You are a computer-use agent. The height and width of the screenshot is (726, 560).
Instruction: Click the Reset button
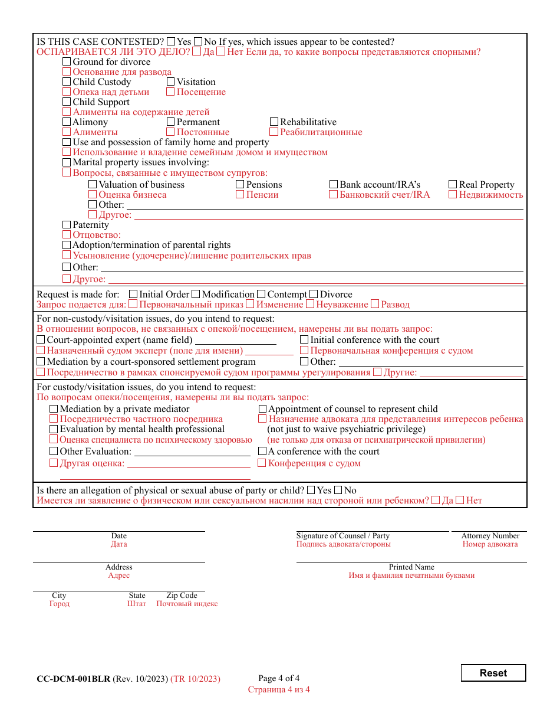pos(493,673)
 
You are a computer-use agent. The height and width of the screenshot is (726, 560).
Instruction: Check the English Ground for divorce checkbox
pos(67,62)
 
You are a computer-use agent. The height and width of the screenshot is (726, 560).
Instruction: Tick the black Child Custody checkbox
pos(67,82)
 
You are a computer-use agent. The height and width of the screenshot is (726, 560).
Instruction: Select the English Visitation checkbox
pos(171,82)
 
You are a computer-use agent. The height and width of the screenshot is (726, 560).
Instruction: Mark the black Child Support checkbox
pos(67,102)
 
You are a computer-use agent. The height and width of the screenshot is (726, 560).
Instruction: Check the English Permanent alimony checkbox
pos(171,122)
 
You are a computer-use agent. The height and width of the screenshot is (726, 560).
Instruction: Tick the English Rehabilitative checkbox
pos(274,122)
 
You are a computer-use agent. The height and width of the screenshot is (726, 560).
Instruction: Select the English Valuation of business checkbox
pos(93,185)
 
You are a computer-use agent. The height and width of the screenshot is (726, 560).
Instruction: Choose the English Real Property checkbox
pos(453,185)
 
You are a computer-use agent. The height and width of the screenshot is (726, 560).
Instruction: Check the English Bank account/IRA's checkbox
pos(334,185)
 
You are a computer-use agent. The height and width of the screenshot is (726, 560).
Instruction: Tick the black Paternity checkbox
pos(67,225)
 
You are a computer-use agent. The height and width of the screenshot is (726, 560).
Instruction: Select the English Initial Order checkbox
pos(133,295)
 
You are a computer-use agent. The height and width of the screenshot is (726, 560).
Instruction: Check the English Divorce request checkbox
pos(314,295)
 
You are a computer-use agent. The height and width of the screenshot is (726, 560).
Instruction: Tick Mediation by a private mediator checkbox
pos(54,409)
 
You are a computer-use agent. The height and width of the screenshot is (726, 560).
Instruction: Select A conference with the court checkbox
pos(262,452)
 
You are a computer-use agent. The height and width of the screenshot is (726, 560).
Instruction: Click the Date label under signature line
pos(118,536)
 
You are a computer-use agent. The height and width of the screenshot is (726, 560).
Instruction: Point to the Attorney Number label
pos(490,536)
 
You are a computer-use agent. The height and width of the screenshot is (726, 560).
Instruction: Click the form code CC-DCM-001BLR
pos(73,679)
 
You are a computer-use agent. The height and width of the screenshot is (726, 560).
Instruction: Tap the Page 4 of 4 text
pos(279,678)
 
